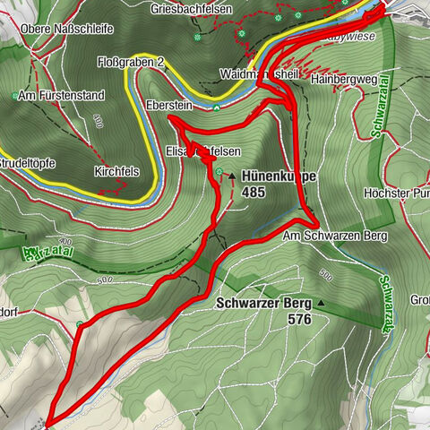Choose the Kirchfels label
click(x=114, y=170)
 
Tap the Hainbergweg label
click(x=340, y=79)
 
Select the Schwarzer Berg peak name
click(x=262, y=303)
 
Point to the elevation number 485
click(x=254, y=192)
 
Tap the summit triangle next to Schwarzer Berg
click(x=321, y=305)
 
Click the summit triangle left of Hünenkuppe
click(x=232, y=176)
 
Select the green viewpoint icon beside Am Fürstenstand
click(x=15, y=95)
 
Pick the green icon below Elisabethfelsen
click(x=219, y=172)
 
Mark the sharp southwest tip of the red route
click(x=50, y=420)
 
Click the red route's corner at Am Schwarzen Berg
click(x=317, y=220)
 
